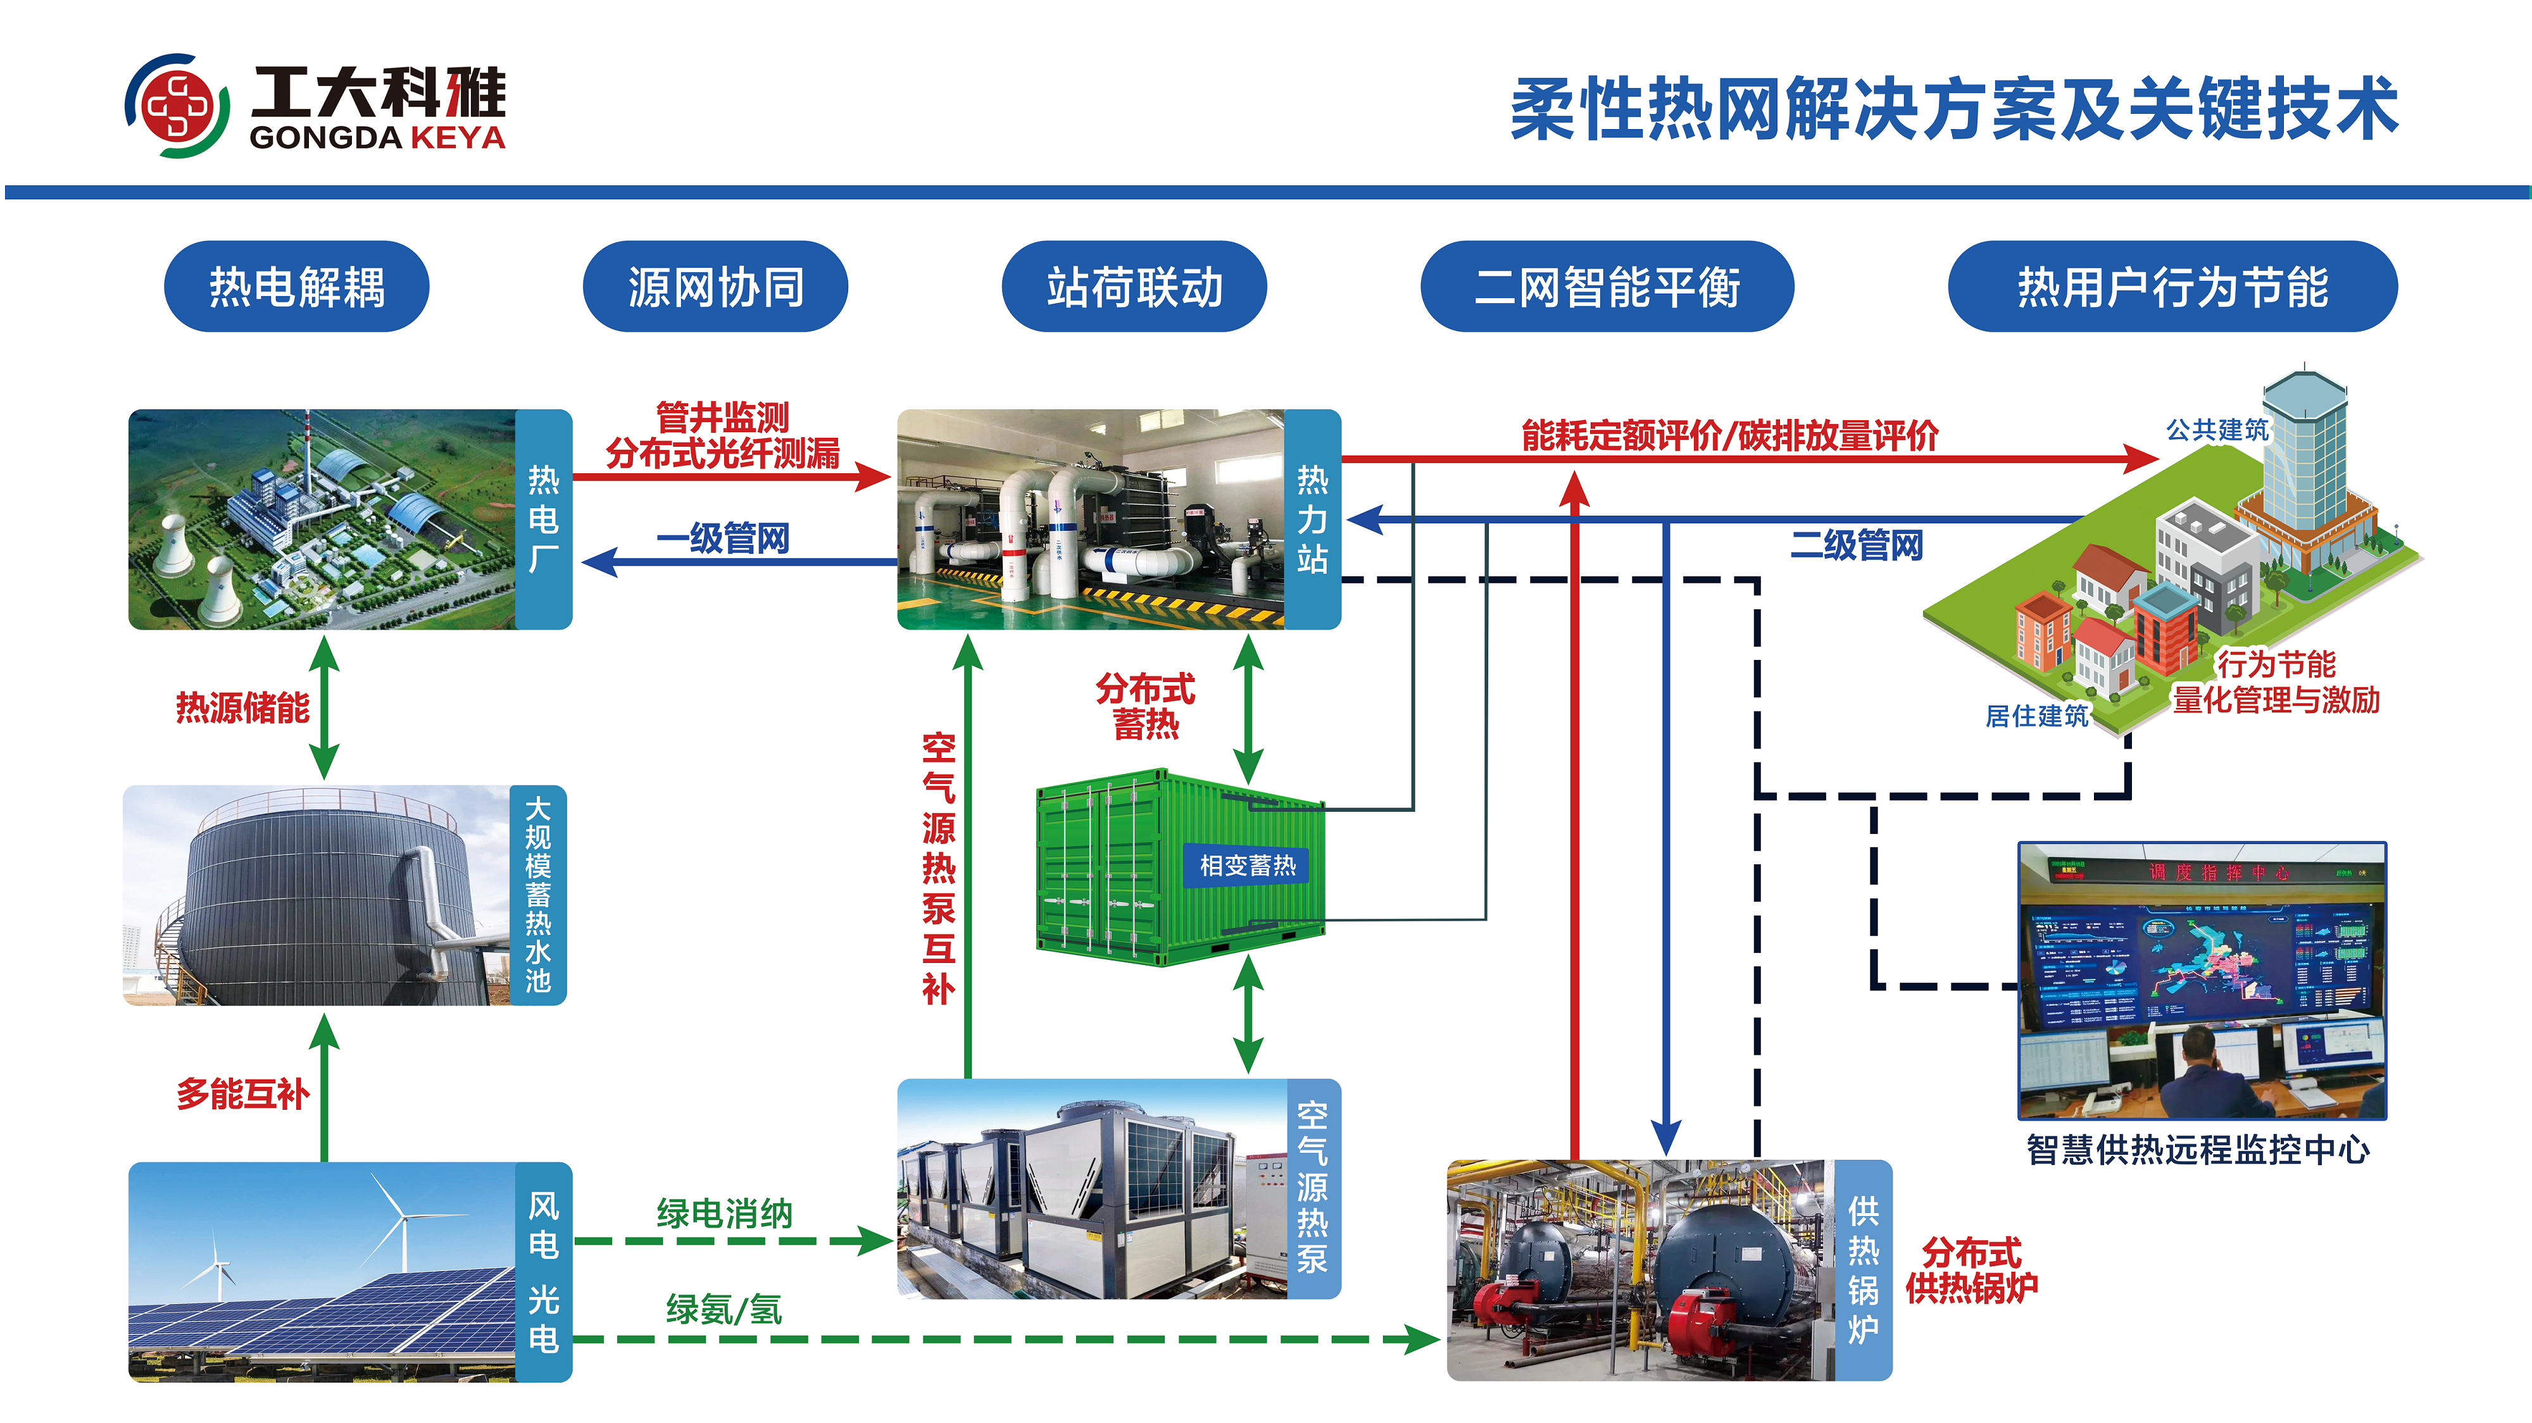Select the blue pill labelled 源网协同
point(715,287)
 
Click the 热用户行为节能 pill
point(2172,287)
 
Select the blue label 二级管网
point(1856,544)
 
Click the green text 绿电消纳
point(724,1214)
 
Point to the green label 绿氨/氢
point(724,1309)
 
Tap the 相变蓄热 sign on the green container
point(1247,865)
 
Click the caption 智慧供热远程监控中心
point(2198,1150)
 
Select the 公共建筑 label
point(2217,430)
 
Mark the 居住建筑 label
point(2036,716)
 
